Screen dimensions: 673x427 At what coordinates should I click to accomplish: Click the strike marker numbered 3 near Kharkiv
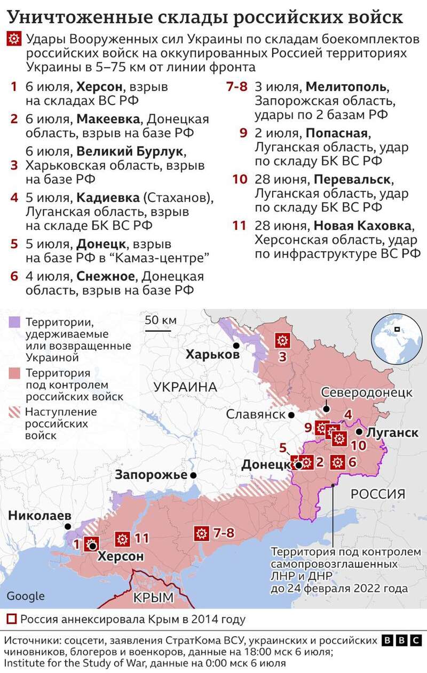coord(282,340)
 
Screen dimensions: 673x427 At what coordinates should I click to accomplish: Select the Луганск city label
coord(393,432)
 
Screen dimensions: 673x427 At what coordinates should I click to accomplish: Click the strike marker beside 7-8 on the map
coord(201,533)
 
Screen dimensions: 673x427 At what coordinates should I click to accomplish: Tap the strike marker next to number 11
coord(123,539)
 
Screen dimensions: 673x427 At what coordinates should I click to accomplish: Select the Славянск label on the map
coord(256,414)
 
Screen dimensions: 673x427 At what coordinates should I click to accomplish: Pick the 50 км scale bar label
coord(160,320)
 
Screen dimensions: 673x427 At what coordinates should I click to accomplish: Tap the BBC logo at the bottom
coord(402,640)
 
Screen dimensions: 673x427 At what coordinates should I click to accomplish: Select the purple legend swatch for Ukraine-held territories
coord(14,322)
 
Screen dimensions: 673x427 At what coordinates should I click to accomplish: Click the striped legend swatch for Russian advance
coord(14,412)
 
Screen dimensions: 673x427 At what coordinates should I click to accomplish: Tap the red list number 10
coord(240,179)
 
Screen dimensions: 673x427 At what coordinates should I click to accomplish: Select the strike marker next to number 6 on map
coord(337,462)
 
